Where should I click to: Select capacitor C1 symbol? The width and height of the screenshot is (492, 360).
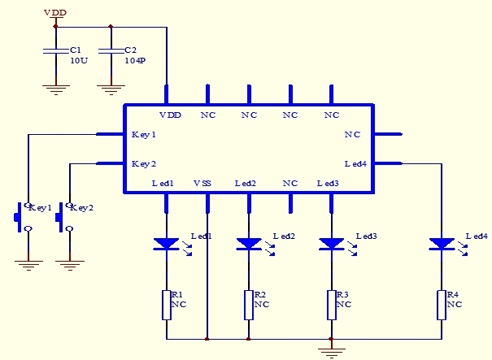tap(55, 52)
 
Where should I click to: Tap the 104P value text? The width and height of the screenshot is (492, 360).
tap(134, 61)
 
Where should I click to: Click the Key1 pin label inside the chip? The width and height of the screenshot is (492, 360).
tap(144, 134)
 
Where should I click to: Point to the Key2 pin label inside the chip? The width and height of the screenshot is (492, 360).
tap(144, 163)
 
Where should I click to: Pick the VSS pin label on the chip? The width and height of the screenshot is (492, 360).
tap(202, 184)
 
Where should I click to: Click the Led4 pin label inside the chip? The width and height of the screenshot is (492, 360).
tap(355, 163)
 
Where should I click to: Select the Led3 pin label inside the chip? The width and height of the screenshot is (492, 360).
tap(328, 184)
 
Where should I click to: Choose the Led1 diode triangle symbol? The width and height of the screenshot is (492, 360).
tap(166, 243)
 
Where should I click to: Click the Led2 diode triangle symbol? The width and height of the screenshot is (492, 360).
tap(248, 243)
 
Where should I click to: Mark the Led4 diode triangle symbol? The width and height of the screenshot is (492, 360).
tap(442, 243)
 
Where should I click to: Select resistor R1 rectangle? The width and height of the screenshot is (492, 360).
tap(166, 305)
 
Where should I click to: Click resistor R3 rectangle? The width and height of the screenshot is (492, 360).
tap(331, 305)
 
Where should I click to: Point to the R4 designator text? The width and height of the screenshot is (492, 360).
tap(452, 294)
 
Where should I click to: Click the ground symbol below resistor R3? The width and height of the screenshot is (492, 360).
tap(331, 351)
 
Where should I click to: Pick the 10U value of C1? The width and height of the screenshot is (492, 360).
tap(78, 61)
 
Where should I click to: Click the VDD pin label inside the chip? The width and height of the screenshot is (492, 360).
tap(171, 115)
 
